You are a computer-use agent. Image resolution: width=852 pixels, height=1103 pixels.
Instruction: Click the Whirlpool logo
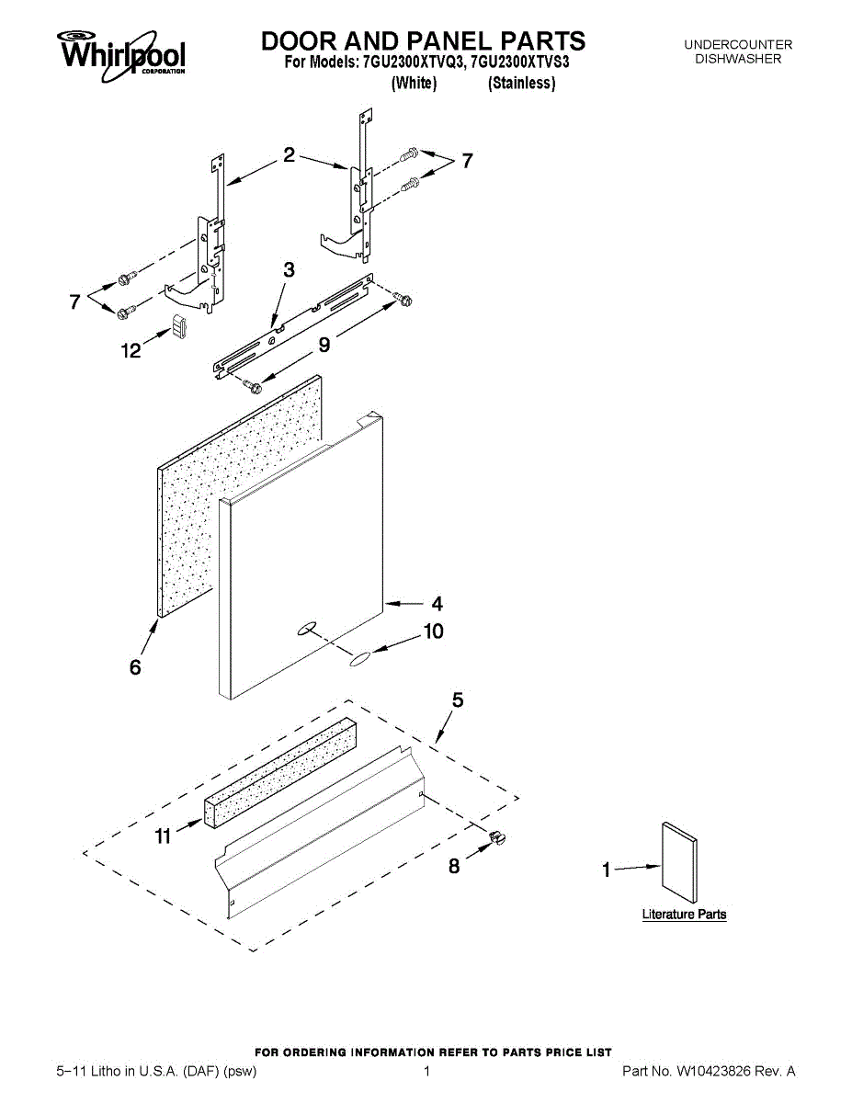pos(122,51)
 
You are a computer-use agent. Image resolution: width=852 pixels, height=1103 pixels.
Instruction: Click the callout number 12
pos(131,350)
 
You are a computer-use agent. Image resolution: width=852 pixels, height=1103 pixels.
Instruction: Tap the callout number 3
pos(289,270)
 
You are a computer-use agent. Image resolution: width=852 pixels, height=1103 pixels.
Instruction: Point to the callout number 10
pos(432,631)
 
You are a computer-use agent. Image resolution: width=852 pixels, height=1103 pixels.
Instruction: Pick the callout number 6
pos(135,667)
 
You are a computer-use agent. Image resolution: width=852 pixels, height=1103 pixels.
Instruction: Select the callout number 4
pos(437,604)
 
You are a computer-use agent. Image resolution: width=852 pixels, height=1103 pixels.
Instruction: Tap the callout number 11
pos(163,836)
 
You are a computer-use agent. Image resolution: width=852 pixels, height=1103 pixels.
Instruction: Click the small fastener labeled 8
pos(497,836)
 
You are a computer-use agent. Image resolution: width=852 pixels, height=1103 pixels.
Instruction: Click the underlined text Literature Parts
pos(684,915)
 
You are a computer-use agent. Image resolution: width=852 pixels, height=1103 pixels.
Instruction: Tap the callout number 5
pos(458,700)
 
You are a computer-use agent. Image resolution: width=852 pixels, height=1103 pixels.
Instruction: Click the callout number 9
pos(324,345)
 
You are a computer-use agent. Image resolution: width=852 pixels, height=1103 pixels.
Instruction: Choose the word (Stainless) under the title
pos(521,84)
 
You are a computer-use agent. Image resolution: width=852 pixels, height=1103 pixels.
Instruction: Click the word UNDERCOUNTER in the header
pos(738,44)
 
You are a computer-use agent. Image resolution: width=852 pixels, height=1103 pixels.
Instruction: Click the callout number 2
pos(289,155)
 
